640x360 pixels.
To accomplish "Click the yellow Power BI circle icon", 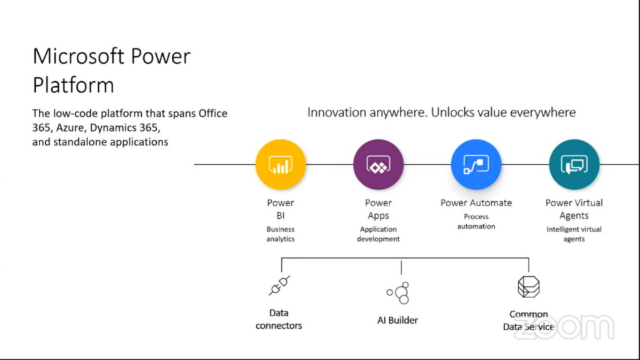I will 281,164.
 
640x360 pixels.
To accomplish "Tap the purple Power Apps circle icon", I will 378,164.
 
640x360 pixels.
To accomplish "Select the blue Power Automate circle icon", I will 476,164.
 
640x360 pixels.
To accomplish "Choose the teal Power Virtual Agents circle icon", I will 574,164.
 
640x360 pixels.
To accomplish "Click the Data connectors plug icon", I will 279,286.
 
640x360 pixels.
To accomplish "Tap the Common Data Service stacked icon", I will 528,287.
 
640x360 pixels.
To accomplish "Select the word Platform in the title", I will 73,84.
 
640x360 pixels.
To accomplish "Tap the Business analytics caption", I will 280,234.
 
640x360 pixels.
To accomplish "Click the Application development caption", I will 378,234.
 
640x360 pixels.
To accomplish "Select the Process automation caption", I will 476,221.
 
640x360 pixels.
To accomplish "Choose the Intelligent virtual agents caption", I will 574,234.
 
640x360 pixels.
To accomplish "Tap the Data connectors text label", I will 279,319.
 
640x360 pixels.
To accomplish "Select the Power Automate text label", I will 476,202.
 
